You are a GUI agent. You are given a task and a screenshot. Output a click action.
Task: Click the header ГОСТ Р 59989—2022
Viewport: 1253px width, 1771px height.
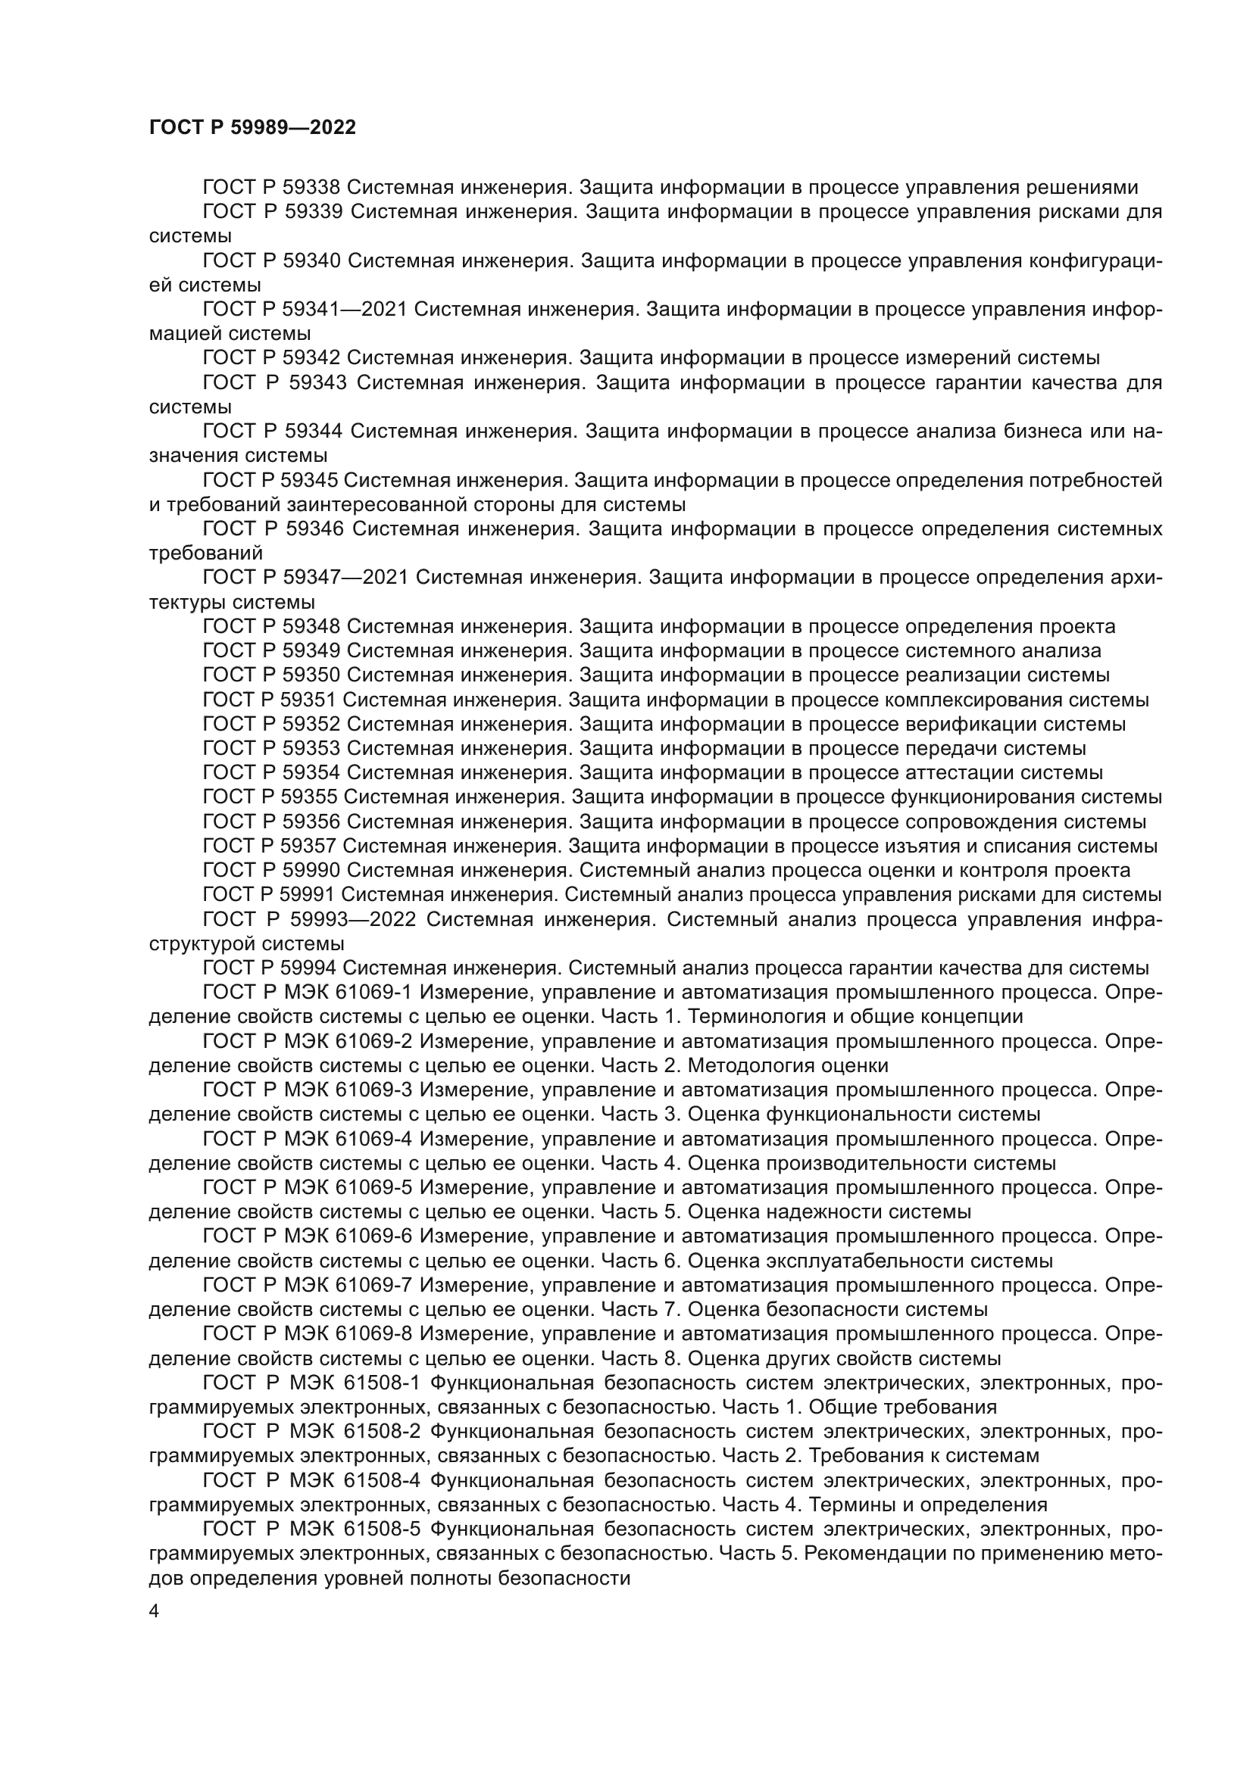click(x=252, y=127)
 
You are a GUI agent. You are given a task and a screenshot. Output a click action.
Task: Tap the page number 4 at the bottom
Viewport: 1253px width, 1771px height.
click(x=154, y=1611)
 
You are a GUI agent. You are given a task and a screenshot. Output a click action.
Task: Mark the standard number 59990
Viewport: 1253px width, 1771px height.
click(x=312, y=870)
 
